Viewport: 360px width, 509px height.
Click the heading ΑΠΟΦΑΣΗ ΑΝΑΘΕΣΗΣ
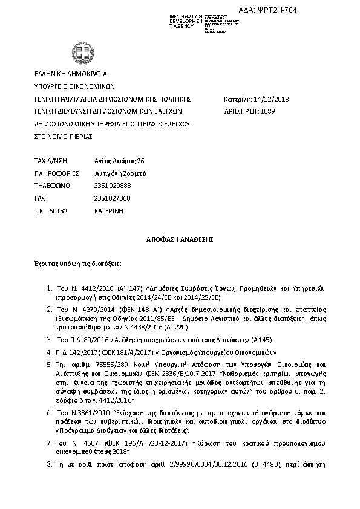click(x=180, y=239)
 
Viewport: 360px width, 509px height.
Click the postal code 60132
click(x=58, y=211)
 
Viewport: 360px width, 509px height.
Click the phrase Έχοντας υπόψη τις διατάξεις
click(x=77, y=265)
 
